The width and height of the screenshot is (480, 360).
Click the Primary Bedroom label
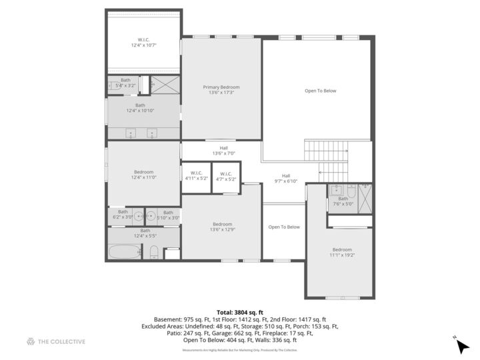tap(221, 89)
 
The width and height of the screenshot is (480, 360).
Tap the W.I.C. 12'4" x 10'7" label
tap(144, 43)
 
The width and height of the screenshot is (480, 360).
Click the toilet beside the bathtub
tap(154, 252)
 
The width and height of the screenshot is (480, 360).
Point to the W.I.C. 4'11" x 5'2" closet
tap(196, 176)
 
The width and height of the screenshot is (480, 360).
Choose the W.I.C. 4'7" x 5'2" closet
tap(227, 176)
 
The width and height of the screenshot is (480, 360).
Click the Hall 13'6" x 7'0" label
tap(224, 151)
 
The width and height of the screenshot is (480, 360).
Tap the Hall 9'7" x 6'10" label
tap(285, 178)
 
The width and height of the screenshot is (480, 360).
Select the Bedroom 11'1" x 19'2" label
tap(342, 252)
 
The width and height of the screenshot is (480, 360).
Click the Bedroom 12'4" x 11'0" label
tap(143, 175)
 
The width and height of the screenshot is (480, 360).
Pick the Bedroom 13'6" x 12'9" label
tap(222, 227)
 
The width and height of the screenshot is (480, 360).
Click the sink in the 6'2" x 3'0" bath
tap(137, 215)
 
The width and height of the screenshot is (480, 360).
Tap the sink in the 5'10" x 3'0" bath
tap(151, 215)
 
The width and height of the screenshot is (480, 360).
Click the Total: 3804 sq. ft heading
tap(240, 312)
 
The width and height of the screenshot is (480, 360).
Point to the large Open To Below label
tap(320, 91)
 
